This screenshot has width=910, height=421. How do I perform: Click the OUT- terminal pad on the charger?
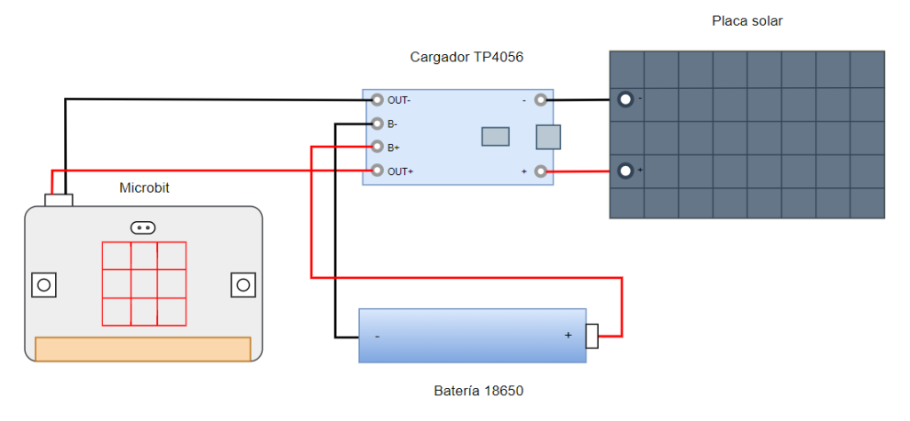coord(377,99)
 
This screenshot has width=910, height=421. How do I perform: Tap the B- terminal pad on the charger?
coord(377,123)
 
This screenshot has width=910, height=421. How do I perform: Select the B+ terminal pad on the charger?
coord(377,147)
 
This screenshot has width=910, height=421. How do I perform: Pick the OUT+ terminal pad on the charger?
coord(377,171)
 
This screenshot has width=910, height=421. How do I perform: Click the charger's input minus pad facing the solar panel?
coord(541,99)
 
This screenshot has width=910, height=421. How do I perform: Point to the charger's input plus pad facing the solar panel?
coord(541,171)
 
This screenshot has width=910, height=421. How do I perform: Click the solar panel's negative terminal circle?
coord(625,99)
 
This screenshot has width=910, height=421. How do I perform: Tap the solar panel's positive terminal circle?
coord(625,171)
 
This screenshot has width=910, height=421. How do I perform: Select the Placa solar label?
coord(747,21)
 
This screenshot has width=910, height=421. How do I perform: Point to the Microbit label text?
coord(145,188)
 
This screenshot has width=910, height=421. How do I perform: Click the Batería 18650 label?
coord(479,392)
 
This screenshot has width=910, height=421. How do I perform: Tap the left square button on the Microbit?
coord(44,285)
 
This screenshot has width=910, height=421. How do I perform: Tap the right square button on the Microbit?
coord(243,285)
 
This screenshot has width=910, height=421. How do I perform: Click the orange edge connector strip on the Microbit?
coord(143,349)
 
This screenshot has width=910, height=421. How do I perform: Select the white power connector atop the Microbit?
coord(59,201)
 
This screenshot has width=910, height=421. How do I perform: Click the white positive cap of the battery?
coord(591,337)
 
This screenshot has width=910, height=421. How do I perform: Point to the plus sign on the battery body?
coord(568,335)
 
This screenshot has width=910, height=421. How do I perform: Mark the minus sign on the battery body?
coord(377,336)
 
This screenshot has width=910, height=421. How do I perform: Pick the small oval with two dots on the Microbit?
coord(143,228)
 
